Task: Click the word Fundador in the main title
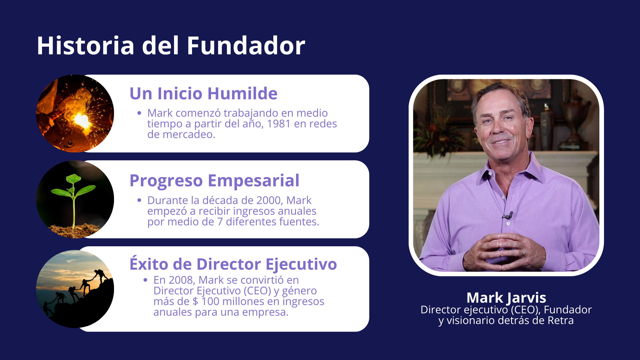246,45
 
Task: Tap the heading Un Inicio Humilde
203,93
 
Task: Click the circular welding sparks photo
75,113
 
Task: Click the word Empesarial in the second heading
254,181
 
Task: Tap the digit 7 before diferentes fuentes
220,222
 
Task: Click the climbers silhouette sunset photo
75,289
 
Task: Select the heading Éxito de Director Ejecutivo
233,264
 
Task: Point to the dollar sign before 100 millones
195,301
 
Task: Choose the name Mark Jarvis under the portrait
506,297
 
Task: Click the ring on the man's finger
523,252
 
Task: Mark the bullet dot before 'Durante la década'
139,200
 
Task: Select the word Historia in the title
86,45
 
